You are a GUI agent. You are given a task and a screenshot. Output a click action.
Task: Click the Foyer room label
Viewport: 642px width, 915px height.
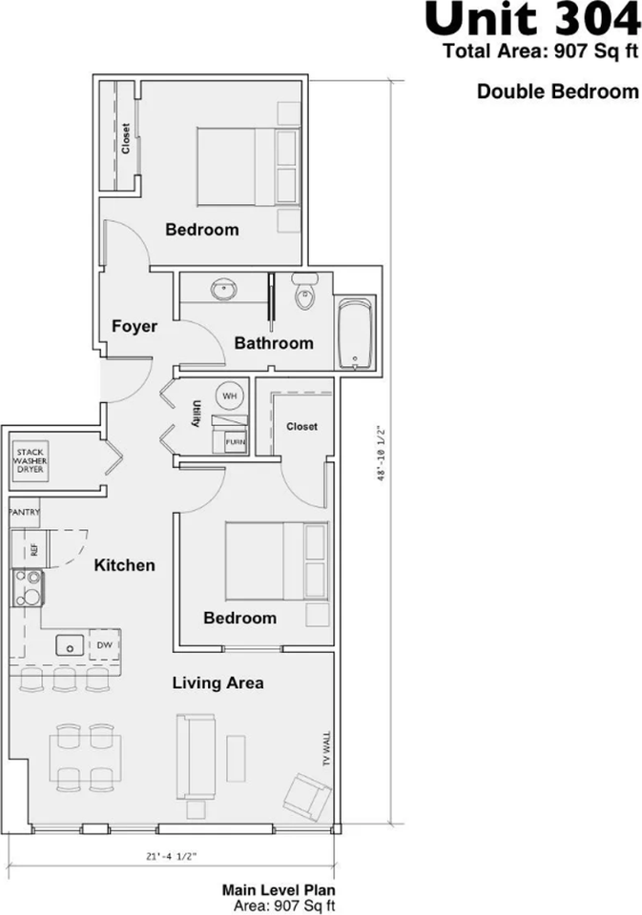(135, 326)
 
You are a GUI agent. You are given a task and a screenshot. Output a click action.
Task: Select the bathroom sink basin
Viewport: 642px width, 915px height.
(224, 288)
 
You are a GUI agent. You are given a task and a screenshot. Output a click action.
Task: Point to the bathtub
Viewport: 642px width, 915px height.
(355, 334)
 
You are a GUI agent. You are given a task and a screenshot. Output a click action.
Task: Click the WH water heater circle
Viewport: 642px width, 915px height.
(230, 396)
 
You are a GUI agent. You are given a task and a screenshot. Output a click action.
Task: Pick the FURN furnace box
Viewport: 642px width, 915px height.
(236, 442)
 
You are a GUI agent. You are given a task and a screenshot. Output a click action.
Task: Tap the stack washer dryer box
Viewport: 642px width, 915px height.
(31, 461)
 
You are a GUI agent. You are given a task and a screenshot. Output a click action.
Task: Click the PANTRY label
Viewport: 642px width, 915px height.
(25, 513)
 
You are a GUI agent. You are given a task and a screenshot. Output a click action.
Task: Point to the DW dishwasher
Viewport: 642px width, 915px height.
(105, 645)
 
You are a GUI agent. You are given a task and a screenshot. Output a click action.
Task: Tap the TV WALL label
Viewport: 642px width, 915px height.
(326, 749)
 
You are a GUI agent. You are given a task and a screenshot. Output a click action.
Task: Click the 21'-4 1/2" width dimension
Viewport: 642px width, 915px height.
(172, 857)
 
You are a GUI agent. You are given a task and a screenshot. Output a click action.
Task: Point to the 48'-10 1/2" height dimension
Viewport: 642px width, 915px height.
(381, 453)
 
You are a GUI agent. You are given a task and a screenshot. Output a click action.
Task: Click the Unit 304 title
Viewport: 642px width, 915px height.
(532, 20)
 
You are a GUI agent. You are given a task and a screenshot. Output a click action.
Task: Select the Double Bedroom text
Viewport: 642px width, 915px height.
(558, 91)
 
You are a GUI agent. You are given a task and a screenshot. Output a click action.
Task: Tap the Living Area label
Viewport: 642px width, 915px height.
(217, 682)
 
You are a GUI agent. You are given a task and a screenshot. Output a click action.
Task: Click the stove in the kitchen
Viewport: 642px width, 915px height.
(27, 589)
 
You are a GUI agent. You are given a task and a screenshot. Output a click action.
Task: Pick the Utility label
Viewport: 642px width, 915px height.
(197, 414)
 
